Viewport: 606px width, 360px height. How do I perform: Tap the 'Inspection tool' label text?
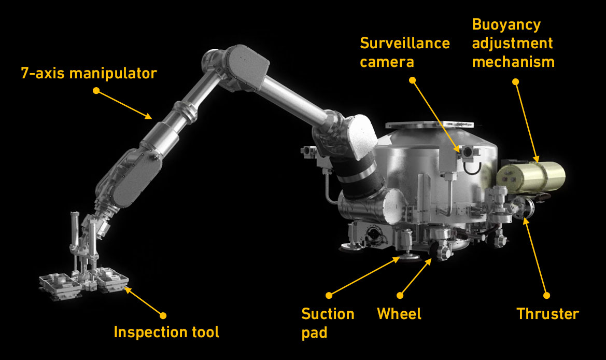pyautogui.click(x=166, y=332)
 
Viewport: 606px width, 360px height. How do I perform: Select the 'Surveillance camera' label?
pyautogui.click(x=405, y=52)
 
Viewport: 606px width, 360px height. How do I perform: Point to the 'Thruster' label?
pyautogui.click(x=547, y=314)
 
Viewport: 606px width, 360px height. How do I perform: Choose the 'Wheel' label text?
pyautogui.click(x=399, y=314)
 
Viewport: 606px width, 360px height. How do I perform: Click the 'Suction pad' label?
pyautogui.click(x=328, y=323)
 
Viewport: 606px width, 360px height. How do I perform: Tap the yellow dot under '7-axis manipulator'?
pyautogui.click(x=96, y=90)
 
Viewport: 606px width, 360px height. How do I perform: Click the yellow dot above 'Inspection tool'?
pyautogui.click(x=163, y=315)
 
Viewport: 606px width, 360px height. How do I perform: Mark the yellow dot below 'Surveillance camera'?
pyautogui.click(x=412, y=80)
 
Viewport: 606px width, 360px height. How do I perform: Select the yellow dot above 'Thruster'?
pyautogui.click(x=546, y=295)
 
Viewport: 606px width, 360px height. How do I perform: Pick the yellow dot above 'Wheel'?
pyautogui.click(x=400, y=295)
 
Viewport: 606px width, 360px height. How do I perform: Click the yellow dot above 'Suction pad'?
pyautogui.click(x=329, y=295)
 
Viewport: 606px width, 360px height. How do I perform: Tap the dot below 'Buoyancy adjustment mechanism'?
pyautogui.click(x=515, y=81)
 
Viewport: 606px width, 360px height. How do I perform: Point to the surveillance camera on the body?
pyautogui.click(x=467, y=151)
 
